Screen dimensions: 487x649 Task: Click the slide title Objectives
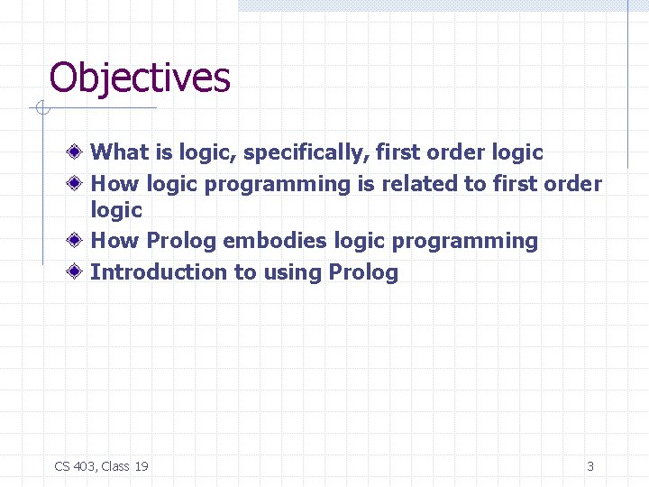[140, 78]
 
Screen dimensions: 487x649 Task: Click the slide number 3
[590, 466]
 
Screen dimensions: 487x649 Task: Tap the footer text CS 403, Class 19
[101, 466]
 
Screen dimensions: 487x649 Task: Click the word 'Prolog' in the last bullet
[363, 272]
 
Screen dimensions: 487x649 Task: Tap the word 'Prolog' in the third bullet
[181, 242]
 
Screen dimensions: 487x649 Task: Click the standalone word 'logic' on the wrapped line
[116, 210]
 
